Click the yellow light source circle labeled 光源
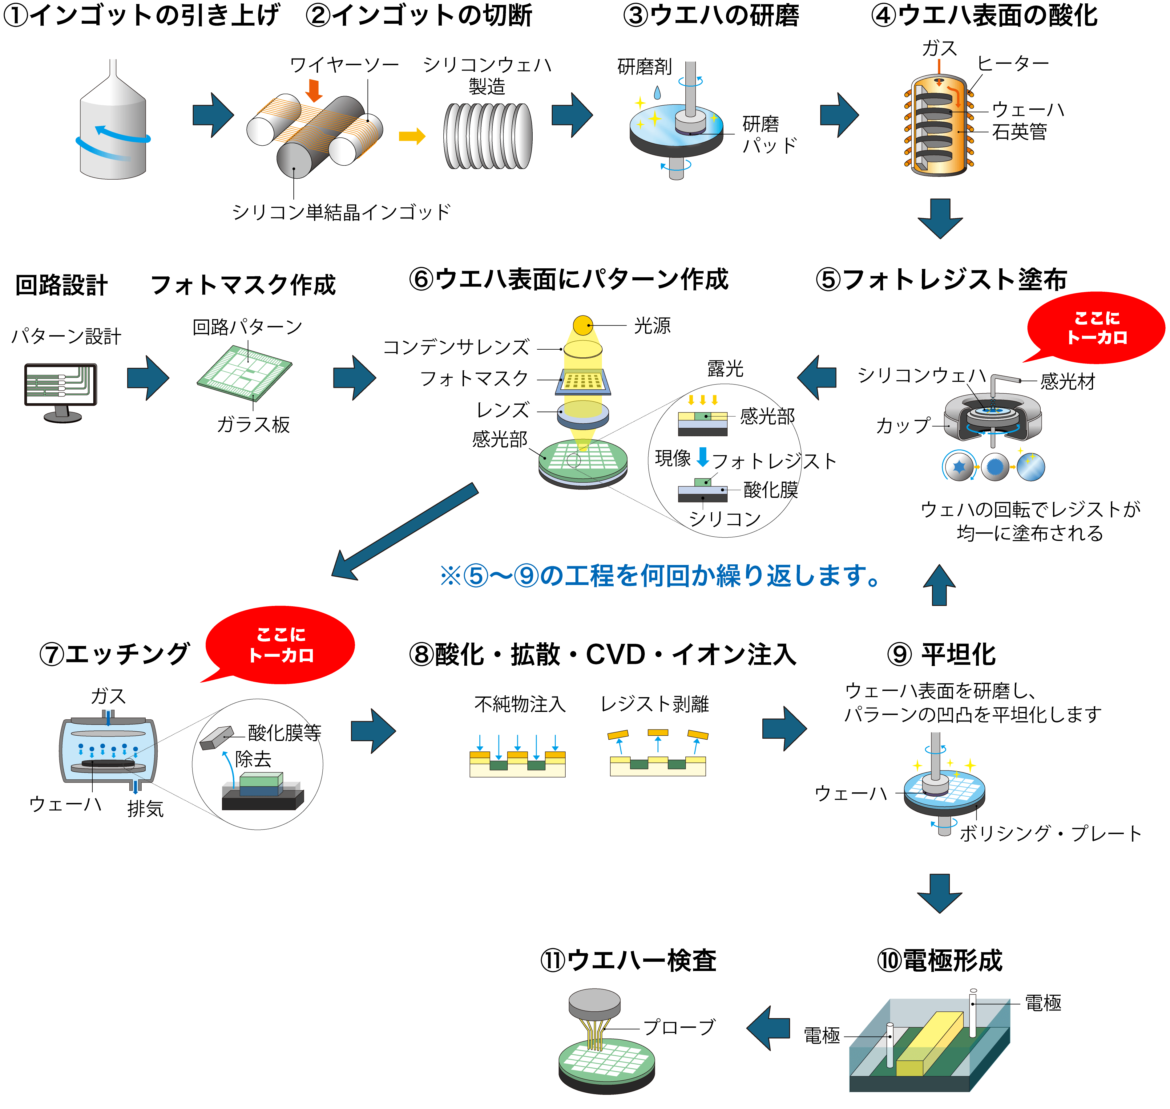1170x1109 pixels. [583, 325]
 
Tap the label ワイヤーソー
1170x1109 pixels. [345, 64]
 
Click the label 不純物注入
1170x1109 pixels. [520, 704]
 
